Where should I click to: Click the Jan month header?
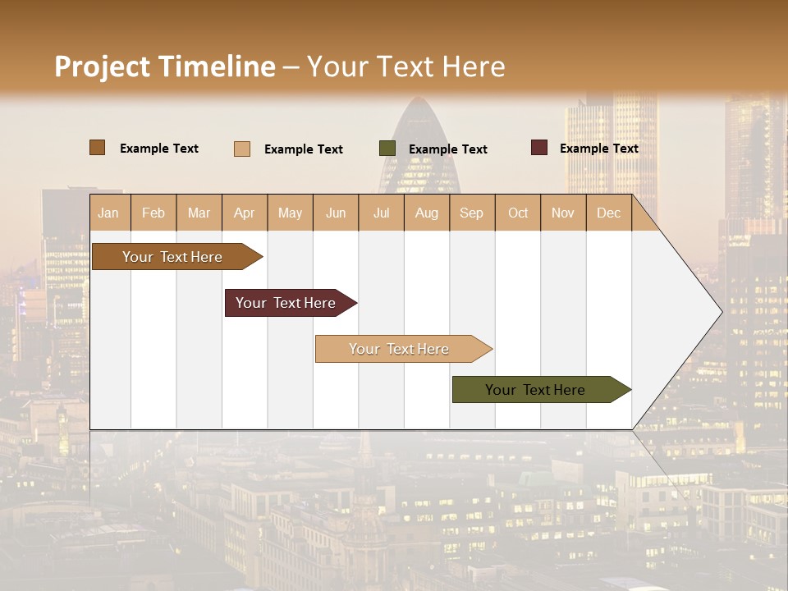click(x=108, y=213)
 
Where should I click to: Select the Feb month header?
click(x=153, y=213)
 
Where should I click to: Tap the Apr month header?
click(x=245, y=213)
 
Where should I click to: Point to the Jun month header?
click(x=336, y=213)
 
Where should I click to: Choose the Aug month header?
click(x=427, y=213)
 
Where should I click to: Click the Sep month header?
click(x=472, y=213)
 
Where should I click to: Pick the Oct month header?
click(x=518, y=213)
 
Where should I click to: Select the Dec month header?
click(x=609, y=213)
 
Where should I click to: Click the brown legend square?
click(x=97, y=148)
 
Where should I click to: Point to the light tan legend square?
click(x=242, y=149)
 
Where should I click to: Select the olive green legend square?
click(x=387, y=149)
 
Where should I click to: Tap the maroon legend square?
click(x=539, y=148)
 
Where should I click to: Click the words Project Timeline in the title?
click(x=165, y=66)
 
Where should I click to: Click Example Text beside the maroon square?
click(x=598, y=149)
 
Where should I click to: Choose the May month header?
click(x=290, y=213)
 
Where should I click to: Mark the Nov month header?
click(x=563, y=213)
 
